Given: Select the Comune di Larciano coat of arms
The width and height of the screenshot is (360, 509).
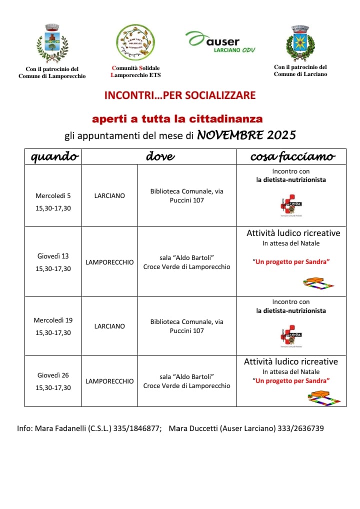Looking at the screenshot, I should tap(300, 43).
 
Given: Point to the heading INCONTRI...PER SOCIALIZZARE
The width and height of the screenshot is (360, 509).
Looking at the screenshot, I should tap(179, 95).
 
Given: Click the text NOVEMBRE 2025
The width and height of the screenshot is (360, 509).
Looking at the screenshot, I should tap(246, 134).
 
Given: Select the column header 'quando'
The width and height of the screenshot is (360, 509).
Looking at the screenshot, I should tap(54, 156).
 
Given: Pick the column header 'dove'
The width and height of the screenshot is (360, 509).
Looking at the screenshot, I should tap(160, 156).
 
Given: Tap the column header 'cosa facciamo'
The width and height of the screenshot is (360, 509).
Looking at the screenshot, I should tap(292, 156).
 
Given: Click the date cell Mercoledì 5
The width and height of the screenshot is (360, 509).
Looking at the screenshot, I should tap(53, 195).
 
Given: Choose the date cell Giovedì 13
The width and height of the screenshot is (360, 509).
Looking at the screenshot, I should tap(53, 256).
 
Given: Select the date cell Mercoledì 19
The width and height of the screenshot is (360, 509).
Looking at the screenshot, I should tap(53, 320).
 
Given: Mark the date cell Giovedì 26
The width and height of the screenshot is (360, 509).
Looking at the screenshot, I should tap(53, 375).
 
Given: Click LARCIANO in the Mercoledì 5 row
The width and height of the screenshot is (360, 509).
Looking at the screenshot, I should tap(109, 196).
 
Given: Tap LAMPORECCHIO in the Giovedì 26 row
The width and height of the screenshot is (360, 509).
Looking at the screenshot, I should tap(109, 381).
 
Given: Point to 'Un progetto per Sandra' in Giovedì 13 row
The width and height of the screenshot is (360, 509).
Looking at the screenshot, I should tap(291, 261).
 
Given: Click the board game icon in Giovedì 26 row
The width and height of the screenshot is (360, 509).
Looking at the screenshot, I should tap(324, 397).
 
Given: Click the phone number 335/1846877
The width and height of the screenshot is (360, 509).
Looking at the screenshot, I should tap(136, 428).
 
